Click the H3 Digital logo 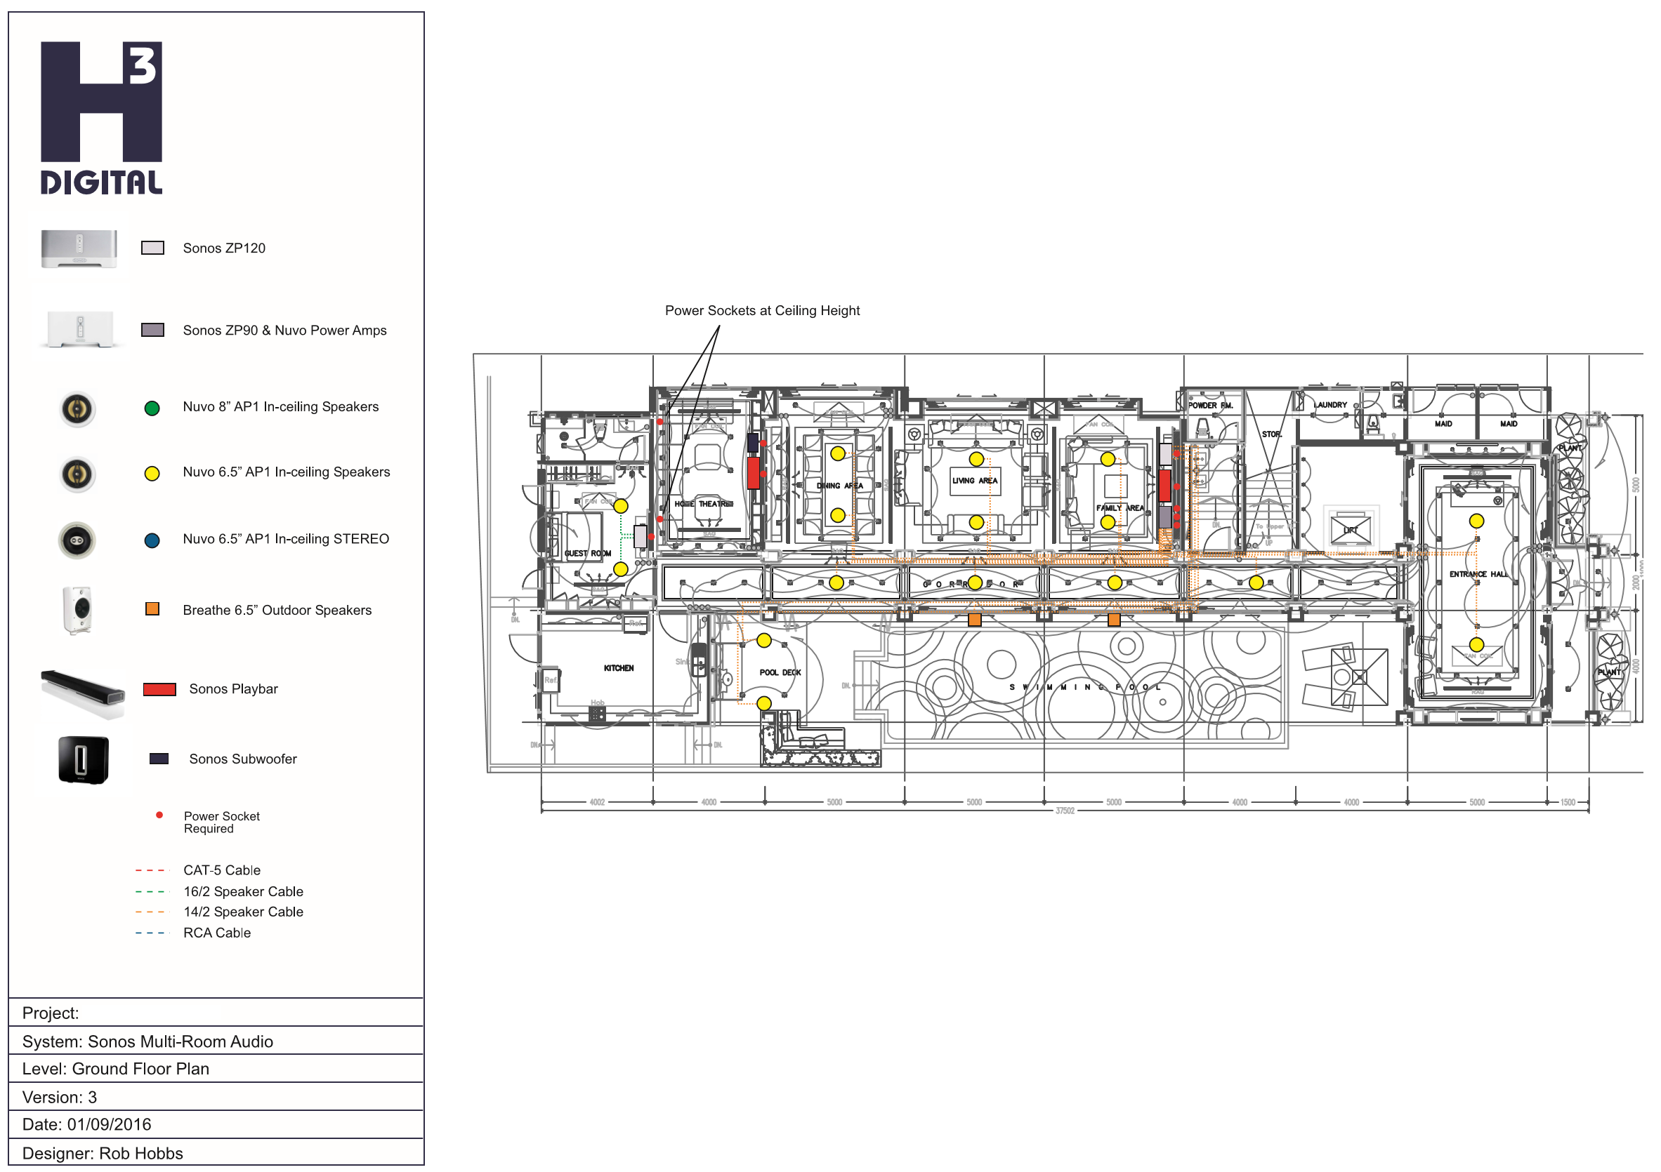101,118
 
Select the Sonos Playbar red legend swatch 159,689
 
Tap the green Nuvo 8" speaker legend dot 152,408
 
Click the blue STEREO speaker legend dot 152,541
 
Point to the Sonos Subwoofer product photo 83,760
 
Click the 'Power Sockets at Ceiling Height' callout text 762,311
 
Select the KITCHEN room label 619,668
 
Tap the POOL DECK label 780,672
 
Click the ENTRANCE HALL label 1478,574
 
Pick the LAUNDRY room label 1331,405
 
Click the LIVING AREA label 974,481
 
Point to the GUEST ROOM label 587,554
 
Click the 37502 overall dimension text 1065,811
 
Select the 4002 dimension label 597,803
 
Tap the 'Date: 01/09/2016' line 87,1125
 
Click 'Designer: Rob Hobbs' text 103,1154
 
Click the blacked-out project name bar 152,1013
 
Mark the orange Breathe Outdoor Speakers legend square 152,609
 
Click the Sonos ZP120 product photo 79,248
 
